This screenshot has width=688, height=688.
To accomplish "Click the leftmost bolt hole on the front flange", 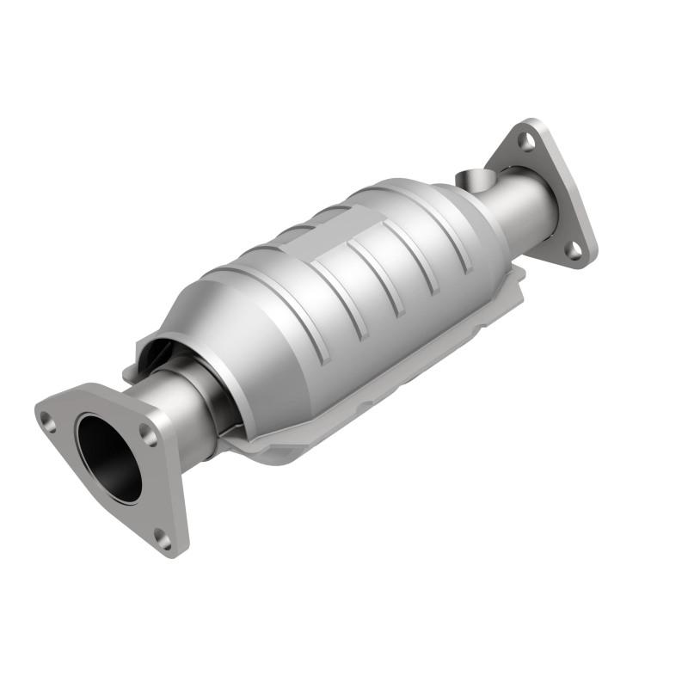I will (x=48, y=421).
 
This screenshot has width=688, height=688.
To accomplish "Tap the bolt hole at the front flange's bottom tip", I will (x=162, y=538).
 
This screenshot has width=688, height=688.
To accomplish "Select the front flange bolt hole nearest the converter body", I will (x=150, y=436).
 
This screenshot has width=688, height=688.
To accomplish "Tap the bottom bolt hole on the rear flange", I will (x=570, y=249).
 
